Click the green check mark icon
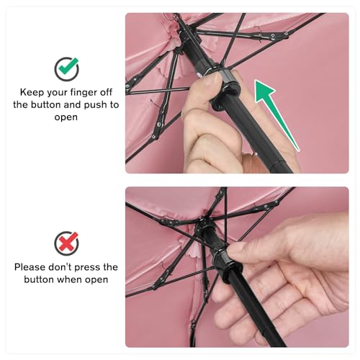click(x=66, y=69)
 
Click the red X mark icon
click(x=66, y=243)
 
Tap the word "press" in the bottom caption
click(x=87, y=268)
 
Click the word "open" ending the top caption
click(x=66, y=118)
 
